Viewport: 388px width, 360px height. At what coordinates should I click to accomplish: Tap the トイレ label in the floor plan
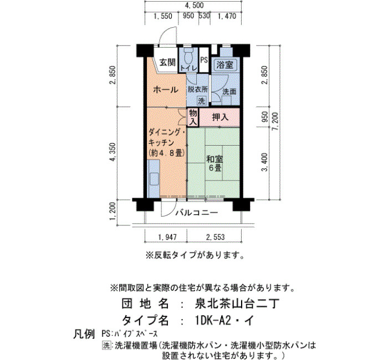[187, 68]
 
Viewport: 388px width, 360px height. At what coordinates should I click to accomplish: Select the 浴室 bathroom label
[226, 64]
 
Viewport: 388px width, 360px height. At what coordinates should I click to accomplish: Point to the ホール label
[165, 90]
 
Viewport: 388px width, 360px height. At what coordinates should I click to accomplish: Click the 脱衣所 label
[197, 89]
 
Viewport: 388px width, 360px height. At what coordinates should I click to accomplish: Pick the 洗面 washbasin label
[229, 91]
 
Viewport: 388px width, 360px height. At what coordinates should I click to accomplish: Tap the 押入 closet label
[220, 117]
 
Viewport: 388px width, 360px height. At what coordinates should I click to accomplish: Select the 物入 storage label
[193, 117]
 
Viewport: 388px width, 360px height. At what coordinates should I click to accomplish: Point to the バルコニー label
[197, 212]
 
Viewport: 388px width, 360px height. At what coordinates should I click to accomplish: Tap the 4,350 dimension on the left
[113, 152]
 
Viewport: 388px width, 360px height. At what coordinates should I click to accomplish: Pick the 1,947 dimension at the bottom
[167, 238]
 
